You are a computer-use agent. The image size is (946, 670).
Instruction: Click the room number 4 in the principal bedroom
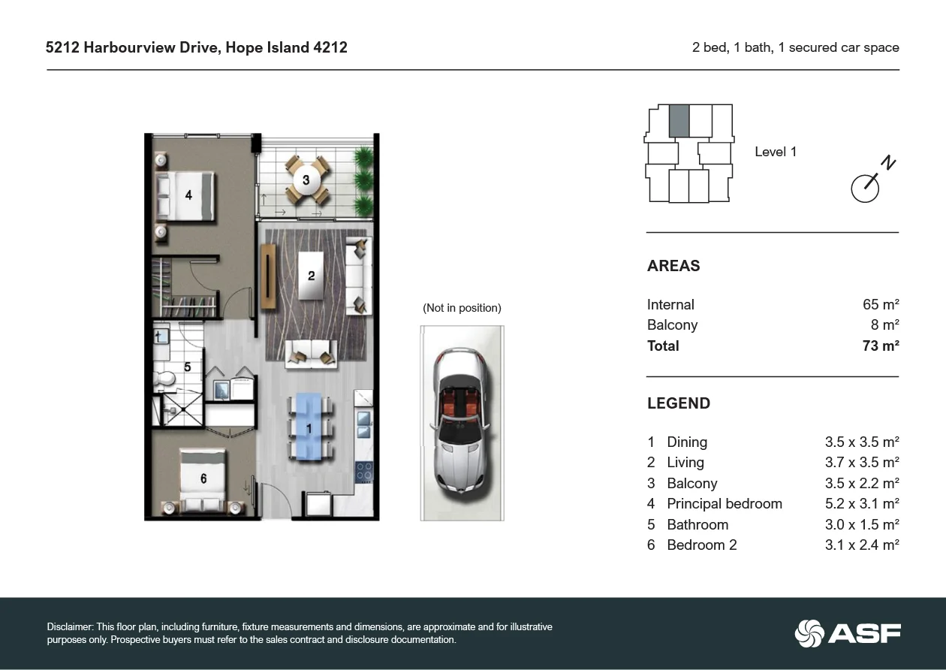pos(188,195)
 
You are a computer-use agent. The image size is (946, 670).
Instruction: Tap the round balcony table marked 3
pos(306,180)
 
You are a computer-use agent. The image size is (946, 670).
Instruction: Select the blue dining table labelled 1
pos(309,427)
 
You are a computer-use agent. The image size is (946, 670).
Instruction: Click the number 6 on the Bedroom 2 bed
pos(203,478)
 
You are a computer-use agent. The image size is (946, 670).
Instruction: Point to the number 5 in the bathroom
pos(188,367)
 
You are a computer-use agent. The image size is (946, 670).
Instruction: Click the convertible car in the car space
pos(461,423)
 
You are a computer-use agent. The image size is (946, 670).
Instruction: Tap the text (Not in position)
pos(462,308)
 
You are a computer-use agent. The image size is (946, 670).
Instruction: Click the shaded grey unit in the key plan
pos(679,121)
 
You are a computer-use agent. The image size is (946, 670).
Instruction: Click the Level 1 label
pos(776,152)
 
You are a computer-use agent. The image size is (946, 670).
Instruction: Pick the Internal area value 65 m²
pos(881,305)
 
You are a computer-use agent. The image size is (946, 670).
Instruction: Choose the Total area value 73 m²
pos(881,346)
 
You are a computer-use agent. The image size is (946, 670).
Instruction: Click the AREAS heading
pos(673,266)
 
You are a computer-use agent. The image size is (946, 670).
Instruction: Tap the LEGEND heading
pos(679,403)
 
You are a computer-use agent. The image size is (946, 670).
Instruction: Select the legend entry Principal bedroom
pos(725,504)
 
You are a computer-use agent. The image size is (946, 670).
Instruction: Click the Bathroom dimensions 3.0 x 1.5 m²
pos(862,524)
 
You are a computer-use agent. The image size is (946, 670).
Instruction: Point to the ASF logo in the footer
pos(848,633)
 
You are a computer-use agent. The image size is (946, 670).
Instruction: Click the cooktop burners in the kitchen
pos(363,471)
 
